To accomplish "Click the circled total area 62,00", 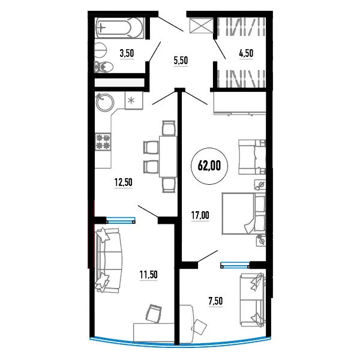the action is point(209,166).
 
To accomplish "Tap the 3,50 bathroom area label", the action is point(127,53).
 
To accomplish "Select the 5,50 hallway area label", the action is point(181,61).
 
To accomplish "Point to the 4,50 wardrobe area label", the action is point(246,53).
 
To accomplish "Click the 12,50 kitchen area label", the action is point(123,182).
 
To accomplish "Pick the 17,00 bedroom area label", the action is point(200,215).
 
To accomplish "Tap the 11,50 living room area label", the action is point(149,275).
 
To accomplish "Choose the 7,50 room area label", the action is point(215,301).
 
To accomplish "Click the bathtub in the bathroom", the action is point(119,28).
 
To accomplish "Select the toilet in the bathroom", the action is point(104,67).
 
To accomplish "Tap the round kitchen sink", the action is point(104,102).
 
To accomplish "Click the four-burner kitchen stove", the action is point(103,142).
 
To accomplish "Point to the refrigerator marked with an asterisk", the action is point(134,100).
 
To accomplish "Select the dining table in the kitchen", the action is point(168,157).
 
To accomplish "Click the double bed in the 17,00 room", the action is point(244,214).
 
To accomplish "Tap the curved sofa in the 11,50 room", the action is point(109,260).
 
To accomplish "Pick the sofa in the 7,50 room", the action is point(253,299).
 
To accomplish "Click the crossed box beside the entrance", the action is point(202,25).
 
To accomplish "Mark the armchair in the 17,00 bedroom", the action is point(252,157).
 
